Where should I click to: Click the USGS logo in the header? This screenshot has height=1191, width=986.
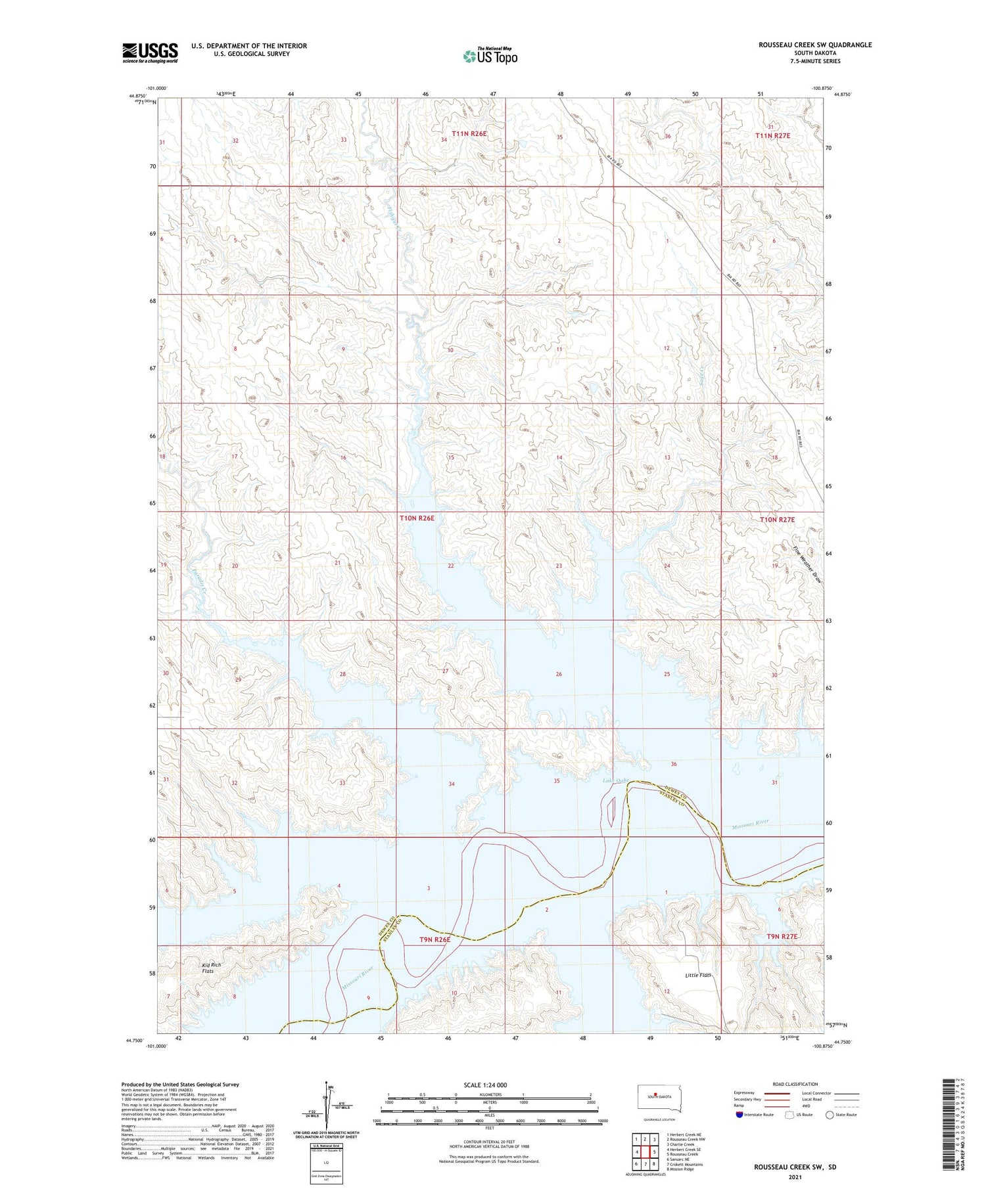tap(150, 53)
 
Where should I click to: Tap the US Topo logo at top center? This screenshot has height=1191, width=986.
tap(490, 56)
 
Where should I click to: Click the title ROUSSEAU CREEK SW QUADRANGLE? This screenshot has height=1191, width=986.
tap(815, 45)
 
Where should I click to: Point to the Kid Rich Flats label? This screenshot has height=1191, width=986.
tap(212, 968)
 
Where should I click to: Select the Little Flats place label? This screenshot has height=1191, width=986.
tap(698, 975)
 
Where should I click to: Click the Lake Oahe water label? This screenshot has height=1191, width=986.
tap(616, 780)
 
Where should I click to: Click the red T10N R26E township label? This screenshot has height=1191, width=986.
tap(417, 518)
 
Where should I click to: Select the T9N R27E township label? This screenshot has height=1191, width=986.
tap(782, 936)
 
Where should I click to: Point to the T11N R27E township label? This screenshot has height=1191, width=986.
tap(772, 135)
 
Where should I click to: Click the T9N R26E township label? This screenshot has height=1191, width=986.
tap(435, 939)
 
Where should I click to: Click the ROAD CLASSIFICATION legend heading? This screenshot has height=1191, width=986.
tap(795, 1084)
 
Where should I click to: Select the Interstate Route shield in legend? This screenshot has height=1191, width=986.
tap(739, 1115)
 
